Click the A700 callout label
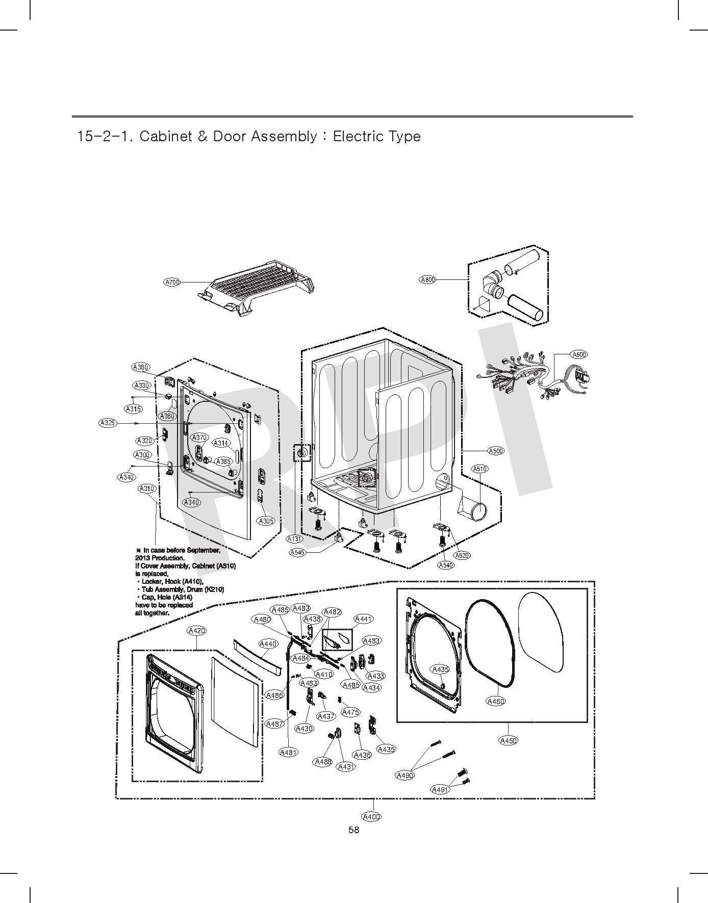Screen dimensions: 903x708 [x=172, y=282]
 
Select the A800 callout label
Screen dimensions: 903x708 [x=427, y=279]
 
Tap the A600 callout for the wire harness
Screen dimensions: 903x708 [x=579, y=354]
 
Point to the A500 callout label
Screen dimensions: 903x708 [x=496, y=451]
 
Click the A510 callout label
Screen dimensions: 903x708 [x=479, y=469]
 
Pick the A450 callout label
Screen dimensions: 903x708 [x=508, y=741]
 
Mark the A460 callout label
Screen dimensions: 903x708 [x=496, y=701]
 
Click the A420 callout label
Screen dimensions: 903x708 [x=197, y=631]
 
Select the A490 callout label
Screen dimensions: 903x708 [x=405, y=776]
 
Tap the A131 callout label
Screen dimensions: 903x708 [x=294, y=538]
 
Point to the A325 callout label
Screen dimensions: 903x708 [x=108, y=423]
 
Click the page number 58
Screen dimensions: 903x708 [x=353, y=830]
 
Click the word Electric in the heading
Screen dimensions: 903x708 [x=357, y=137]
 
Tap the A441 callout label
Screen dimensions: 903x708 [x=363, y=619]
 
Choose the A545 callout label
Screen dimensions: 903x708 [x=297, y=552]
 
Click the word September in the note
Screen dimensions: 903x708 [x=203, y=550]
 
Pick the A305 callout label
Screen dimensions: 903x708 [x=266, y=521]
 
